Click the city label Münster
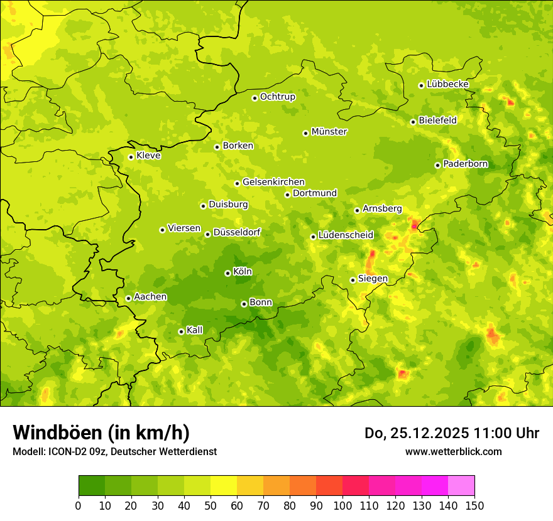pyautogui.click(x=329, y=132)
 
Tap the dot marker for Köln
pyautogui.click(x=227, y=273)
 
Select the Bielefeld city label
pyautogui.click(x=437, y=121)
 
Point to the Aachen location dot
pyautogui.click(x=128, y=298)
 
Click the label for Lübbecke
pyautogui.click(x=447, y=84)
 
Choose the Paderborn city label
pyautogui.click(x=465, y=164)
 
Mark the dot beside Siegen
pyautogui.click(x=353, y=280)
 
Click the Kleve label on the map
pyautogui.click(x=148, y=156)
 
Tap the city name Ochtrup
pyautogui.click(x=277, y=97)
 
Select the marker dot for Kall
pyautogui.click(x=181, y=331)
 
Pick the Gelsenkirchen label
pyautogui.click(x=273, y=182)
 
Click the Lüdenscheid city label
pyautogui.click(x=346, y=235)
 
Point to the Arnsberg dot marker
pyautogui.click(x=357, y=210)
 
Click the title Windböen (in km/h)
pyautogui.click(x=101, y=432)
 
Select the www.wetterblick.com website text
pyautogui.click(x=453, y=451)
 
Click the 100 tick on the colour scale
pyautogui.click(x=342, y=505)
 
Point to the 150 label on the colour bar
pyautogui.click(x=474, y=505)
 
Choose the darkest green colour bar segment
pyautogui.click(x=92, y=486)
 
